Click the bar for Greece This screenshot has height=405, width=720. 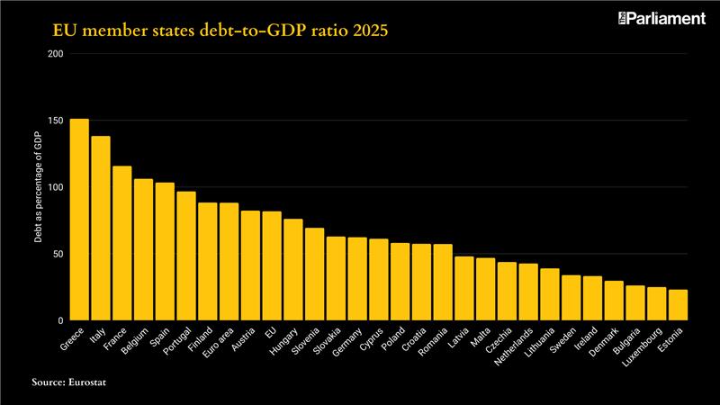(79, 220)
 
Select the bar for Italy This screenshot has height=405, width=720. (101, 229)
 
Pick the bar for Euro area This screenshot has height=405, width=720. (229, 262)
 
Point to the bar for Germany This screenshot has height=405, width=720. (357, 279)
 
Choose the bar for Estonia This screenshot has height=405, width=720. (678, 305)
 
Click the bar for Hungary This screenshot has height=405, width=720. (293, 270)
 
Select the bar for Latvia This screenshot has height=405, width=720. (464, 289)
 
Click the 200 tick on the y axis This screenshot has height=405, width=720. (57, 54)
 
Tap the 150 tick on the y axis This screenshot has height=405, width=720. (57, 121)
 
